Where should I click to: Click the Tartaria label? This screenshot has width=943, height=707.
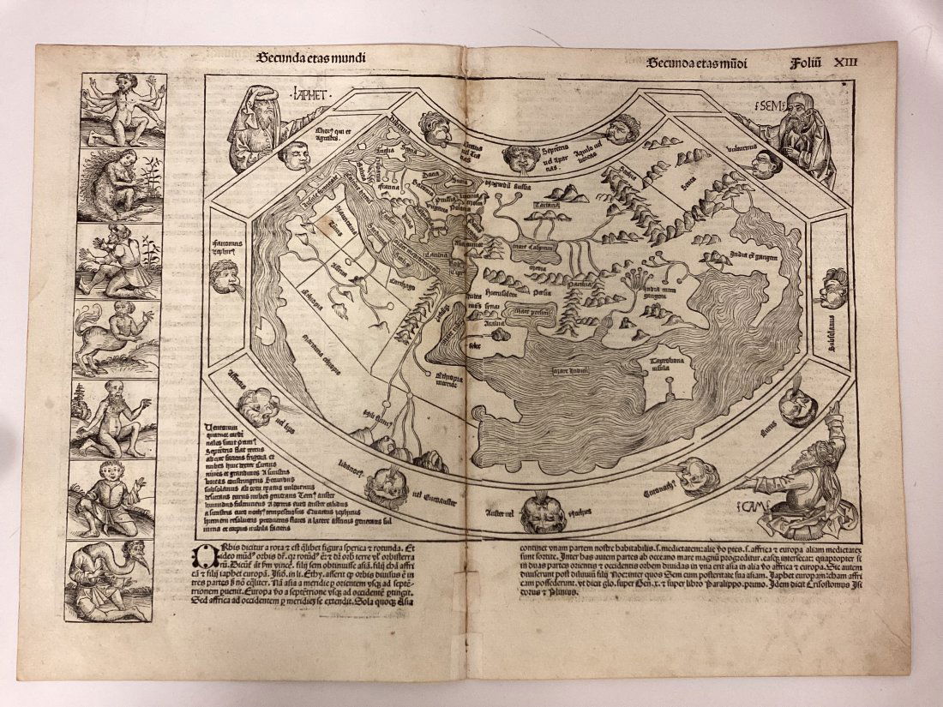tap(546, 206)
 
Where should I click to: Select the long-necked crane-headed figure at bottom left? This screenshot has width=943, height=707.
tap(116, 578)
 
